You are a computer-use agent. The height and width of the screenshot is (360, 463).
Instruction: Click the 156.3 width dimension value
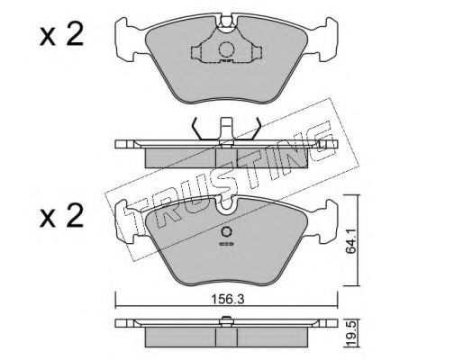tap(228, 299)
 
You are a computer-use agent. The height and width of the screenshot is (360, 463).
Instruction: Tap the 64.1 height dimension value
tap(350, 240)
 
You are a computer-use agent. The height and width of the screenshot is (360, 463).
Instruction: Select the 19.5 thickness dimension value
tap(351, 334)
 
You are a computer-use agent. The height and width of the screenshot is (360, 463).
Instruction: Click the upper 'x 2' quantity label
tap(61, 35)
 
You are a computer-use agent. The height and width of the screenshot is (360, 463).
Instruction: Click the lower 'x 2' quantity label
tap(61, 216)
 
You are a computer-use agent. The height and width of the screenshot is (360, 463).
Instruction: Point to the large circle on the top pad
tap(226, 49)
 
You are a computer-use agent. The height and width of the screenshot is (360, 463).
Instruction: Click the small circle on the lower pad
tap(226, 232)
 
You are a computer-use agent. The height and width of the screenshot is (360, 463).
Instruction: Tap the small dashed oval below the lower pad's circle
tap(226, 244)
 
